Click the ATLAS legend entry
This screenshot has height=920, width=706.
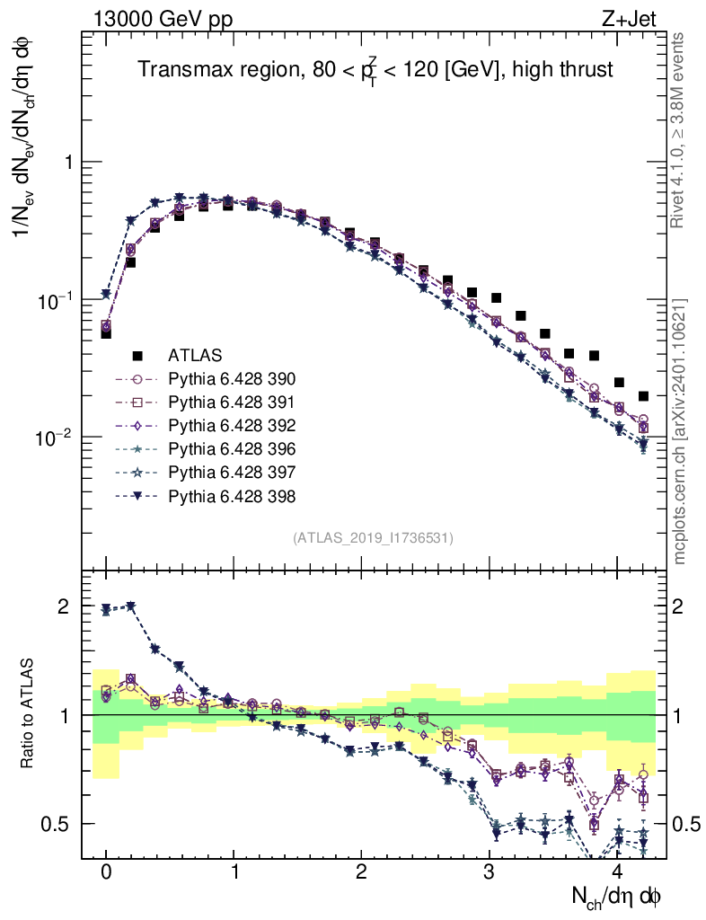(195, 356)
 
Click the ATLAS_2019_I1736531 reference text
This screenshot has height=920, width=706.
(373, 538)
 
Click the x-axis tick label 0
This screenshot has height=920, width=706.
(106, 872)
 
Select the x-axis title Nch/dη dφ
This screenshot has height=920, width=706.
(616, 896)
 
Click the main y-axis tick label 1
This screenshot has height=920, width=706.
(65, 162)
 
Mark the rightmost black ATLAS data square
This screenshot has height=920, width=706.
(643, 396)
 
